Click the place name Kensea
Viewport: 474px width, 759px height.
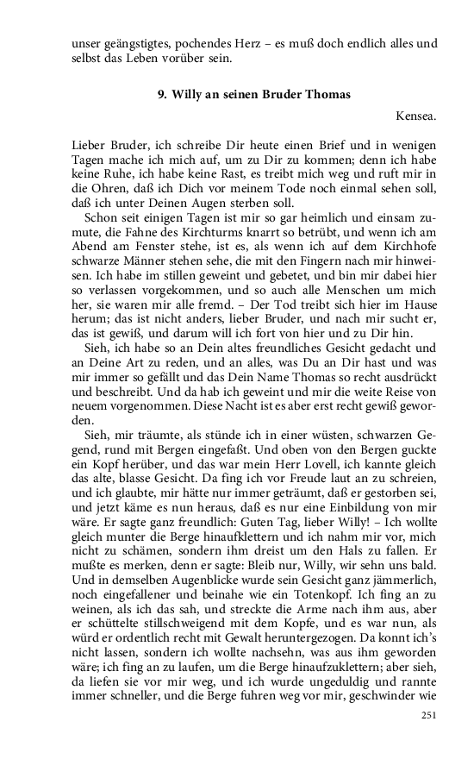click(417, 115)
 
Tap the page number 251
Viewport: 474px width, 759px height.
click(429, 716)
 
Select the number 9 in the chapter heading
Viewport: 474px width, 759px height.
click(161, 95)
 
